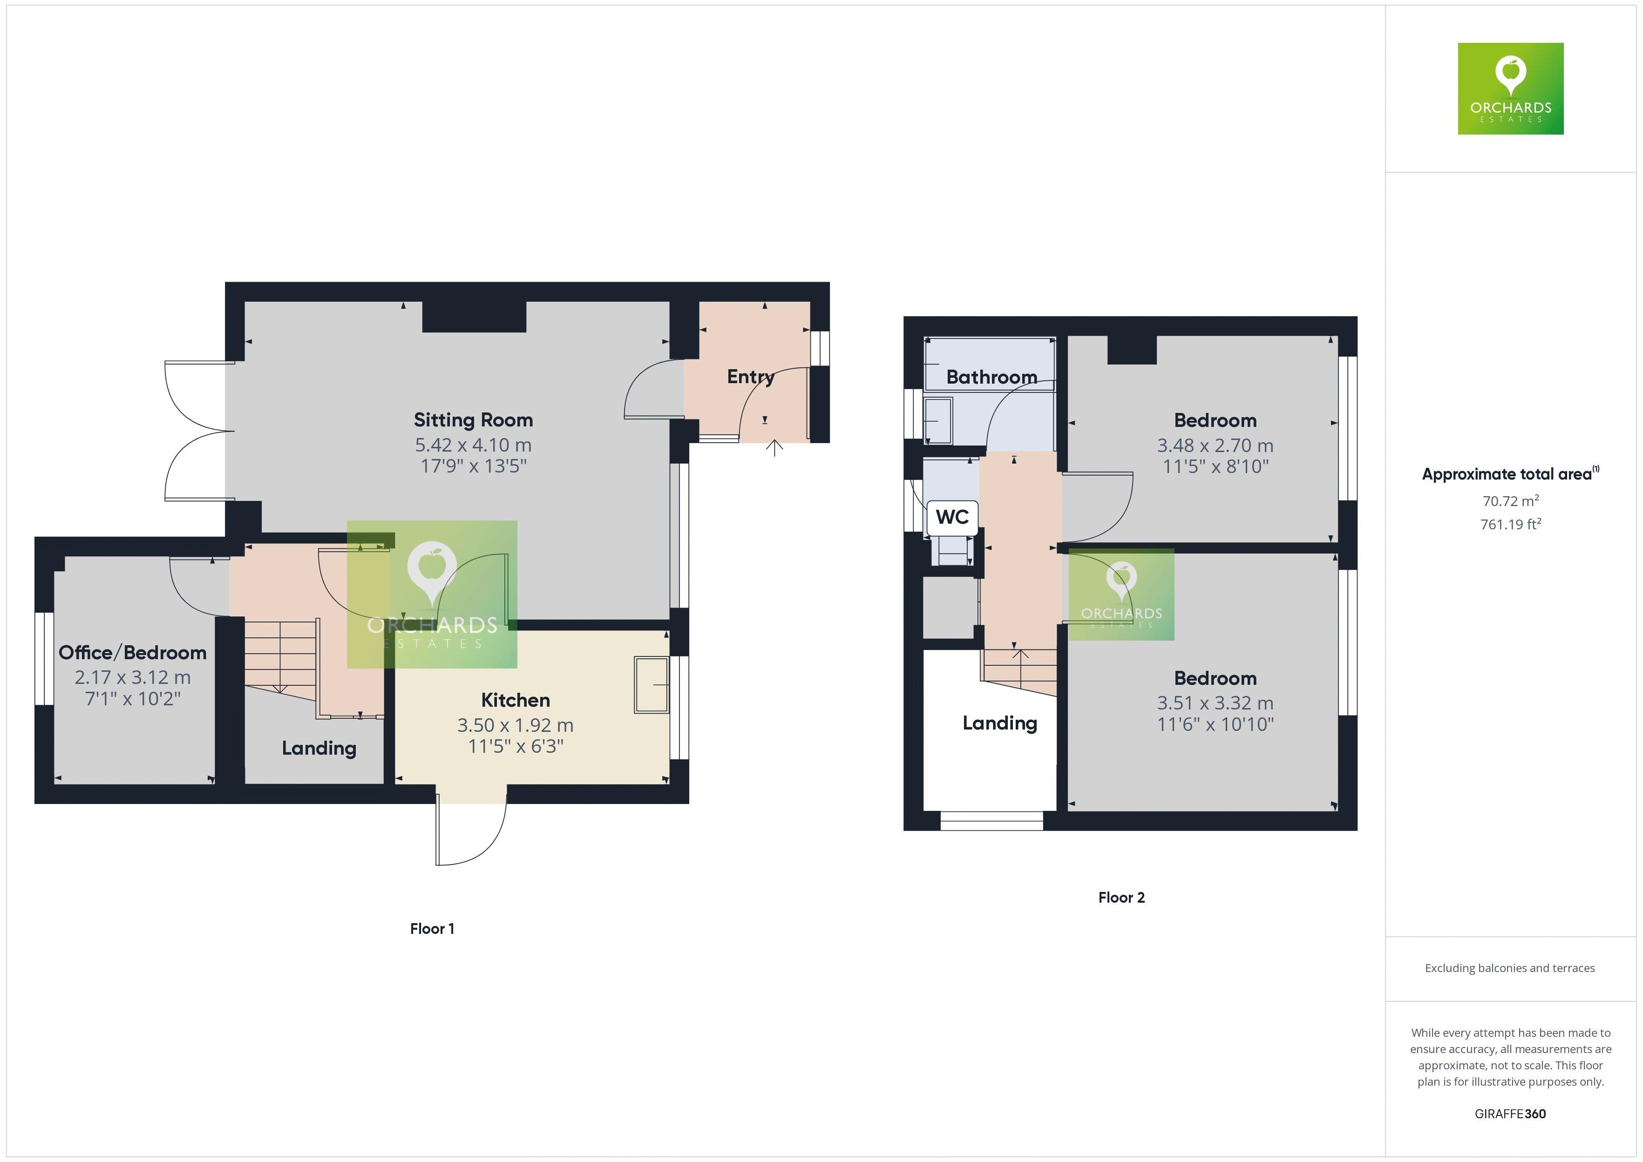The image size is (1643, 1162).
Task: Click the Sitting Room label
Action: (x=473, y=420)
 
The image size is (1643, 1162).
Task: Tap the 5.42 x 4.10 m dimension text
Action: (x=473, y=445)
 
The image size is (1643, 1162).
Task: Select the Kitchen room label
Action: (x=515, y=700)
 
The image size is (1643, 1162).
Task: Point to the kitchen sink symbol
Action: (x=651, y=685)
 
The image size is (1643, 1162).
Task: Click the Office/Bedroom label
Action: (x=132, y=653)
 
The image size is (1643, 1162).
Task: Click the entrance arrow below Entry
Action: (x=774, y=448)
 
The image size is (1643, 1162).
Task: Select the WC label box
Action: (x=952, y=517)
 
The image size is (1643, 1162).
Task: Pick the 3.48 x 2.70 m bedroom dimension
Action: (x=1215, y=445)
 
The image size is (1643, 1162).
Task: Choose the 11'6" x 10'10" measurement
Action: (x=1215, y=724)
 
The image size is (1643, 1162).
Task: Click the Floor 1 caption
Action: (x=432, y=929)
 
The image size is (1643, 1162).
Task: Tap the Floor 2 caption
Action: (x=1121, y=897)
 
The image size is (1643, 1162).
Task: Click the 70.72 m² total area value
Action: (x=1510, y=501)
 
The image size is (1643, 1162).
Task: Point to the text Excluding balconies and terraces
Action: (x=1509, y=968)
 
